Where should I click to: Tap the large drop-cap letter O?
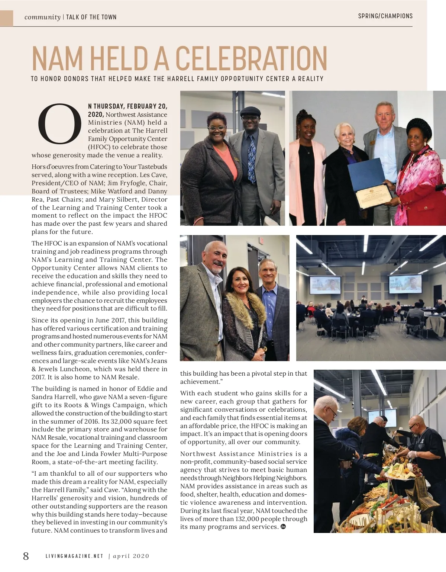pyautogui.click(x=59, y=123)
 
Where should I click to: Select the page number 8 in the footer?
pyautogui.click(x=26, y=556)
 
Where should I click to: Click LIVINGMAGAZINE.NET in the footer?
pyautogui.click(x=74, y=556)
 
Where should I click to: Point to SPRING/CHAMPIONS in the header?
pyautogui.click(x=385, y=16)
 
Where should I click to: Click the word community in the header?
pyautogui.click(x=42, y=17)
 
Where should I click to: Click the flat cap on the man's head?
pyautogui.click(x=251, y=111)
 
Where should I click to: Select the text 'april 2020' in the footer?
pyautogui.click(x=131, y=556)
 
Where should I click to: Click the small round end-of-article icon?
pyautogui.click(x=283, y=526)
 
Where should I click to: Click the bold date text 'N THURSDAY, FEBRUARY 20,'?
pyautogui.click(x=127, y=106)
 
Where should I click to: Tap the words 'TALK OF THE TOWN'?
pyautogui.click(x=91, y=17)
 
